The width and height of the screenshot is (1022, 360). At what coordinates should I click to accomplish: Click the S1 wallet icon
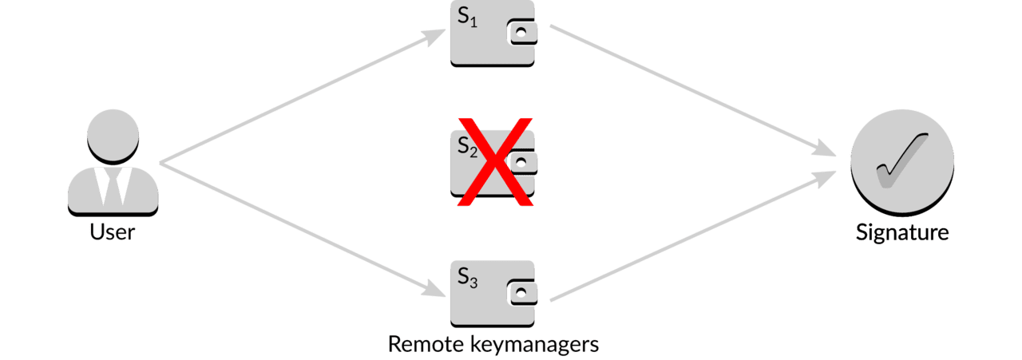[493, 33]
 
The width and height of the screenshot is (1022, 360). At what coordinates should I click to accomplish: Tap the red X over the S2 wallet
[496, 162]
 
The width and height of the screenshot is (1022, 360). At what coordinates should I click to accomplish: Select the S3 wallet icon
[493, 294]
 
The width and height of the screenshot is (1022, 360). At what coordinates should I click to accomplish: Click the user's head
[113, 136]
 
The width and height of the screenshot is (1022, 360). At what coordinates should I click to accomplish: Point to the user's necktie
[113, 187]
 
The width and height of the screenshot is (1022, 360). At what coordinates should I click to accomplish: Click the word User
[113, 231]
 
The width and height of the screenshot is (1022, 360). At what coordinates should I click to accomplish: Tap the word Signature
[902, 233]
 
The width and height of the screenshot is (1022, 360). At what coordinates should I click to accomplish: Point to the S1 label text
[467, 18]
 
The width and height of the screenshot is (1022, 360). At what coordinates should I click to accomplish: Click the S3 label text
[467, 278]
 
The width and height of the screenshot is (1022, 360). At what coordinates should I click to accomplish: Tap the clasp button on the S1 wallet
[521, 33]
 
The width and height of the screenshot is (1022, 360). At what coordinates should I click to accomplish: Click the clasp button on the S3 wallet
[521, 292]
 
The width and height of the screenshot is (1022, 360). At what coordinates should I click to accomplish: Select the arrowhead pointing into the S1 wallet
[434, 37]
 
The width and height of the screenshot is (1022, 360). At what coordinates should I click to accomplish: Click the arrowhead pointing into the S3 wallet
[434, 289]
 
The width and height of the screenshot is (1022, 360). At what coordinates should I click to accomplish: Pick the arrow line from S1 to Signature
[693, 90]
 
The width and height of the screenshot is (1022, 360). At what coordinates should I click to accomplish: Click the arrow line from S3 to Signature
[693, 236]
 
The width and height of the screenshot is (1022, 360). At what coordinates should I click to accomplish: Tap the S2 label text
[467, 147]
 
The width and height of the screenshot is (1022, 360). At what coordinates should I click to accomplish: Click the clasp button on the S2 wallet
[521, 162]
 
